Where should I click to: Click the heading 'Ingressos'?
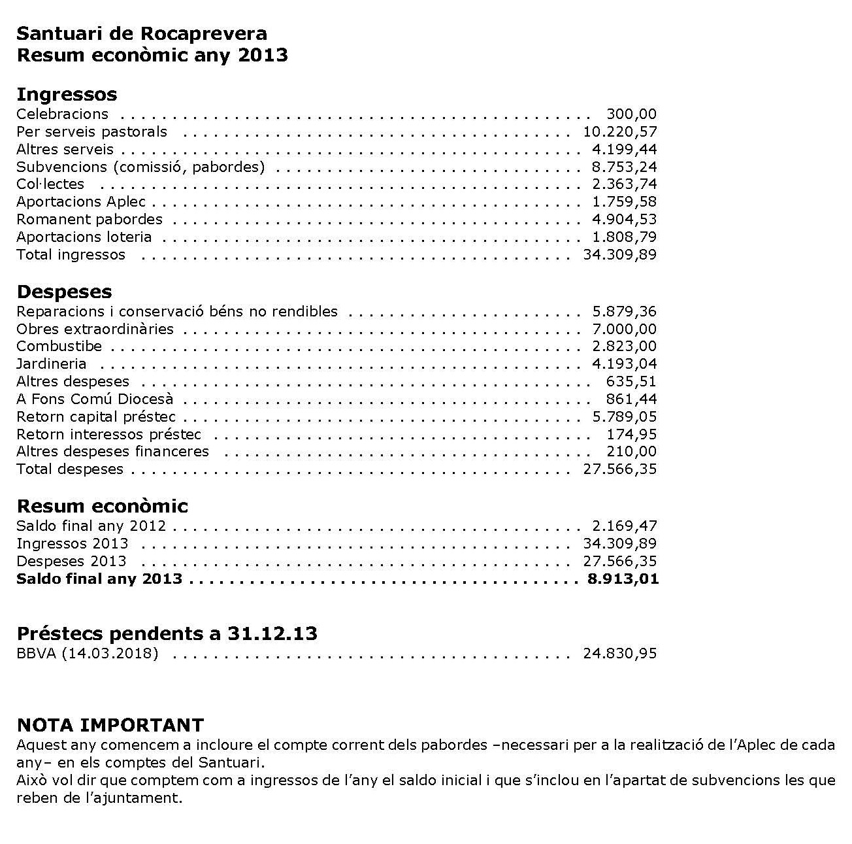67,94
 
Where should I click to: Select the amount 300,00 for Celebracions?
631,114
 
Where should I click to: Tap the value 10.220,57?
619,132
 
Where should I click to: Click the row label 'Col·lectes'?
50,184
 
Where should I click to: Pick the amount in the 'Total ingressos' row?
619,255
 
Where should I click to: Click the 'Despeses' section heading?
64,292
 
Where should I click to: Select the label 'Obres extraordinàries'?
95,329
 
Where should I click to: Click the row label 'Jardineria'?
51,364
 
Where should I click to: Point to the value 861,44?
631,399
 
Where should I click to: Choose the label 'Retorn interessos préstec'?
108,434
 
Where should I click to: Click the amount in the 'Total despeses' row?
619,469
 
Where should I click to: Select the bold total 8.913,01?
623,579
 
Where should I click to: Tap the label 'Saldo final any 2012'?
91,526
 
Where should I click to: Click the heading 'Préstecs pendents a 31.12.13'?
167,633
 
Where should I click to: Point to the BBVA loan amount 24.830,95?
619,653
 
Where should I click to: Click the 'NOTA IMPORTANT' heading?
110,725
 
